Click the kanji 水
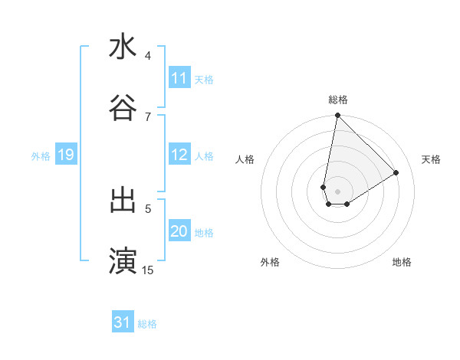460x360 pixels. click(123, 47)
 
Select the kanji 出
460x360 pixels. click(123, 200)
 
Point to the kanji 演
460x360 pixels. click(123, 260)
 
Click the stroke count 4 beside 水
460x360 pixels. click(148, 56)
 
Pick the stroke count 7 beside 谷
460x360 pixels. click(148, 116)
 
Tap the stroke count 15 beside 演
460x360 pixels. click(148, 270)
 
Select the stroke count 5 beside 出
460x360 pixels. click(148, 208)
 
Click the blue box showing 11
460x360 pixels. click(179, 78)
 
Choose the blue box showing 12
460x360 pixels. click(179, 155)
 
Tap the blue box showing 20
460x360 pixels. click(179, 231)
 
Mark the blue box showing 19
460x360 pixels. click(65, 155)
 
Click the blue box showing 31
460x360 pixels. click(123, 322)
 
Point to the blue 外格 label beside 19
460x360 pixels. click(41, 155)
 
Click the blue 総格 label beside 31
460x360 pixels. click(147, 324)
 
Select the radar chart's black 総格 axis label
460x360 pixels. click(338, 100)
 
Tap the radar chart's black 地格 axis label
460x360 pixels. click(402, 262)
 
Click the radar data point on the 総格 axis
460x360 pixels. click(337, 116)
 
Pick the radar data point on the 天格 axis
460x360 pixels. click(396, 172)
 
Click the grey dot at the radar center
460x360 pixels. click(337, 191)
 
